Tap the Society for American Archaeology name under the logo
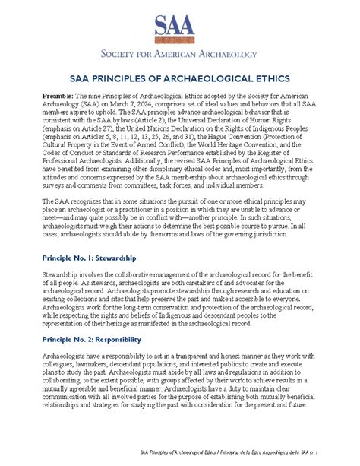coord(179,55)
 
